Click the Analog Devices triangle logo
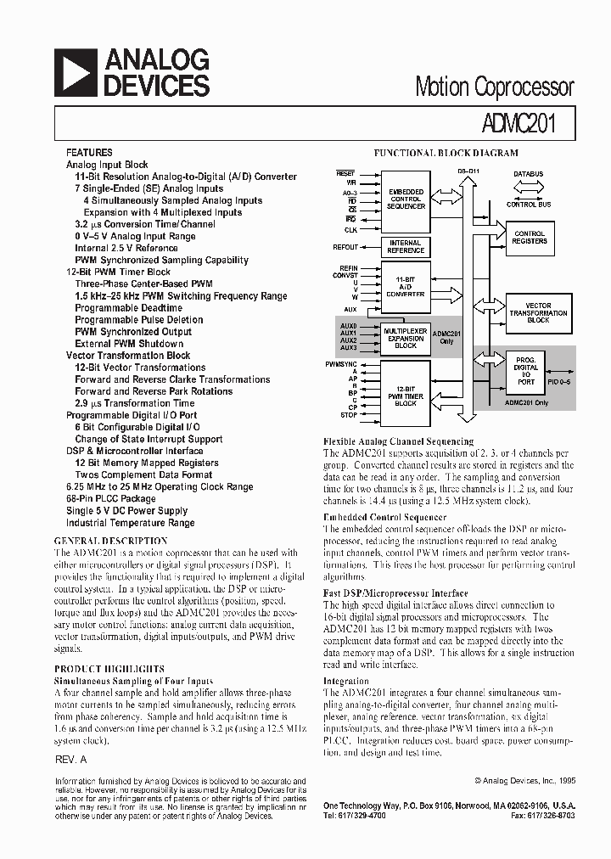coord(75,72)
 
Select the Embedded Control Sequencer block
coord(406,199)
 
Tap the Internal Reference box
coord(406,247)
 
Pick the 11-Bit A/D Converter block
coord(406,287)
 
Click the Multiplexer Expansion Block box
coord(406,337)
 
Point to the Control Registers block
coord(530,237)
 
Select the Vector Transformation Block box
coord(538,312)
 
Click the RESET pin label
coord(345,173)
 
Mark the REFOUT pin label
coord(345,247)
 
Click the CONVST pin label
coord(345,274)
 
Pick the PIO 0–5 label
coord(560,385)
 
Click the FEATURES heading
coord(89,152)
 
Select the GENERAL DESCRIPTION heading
coord(116,541)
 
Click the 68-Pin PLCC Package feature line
coord(110,499)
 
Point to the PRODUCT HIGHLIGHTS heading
coord(109,669)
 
